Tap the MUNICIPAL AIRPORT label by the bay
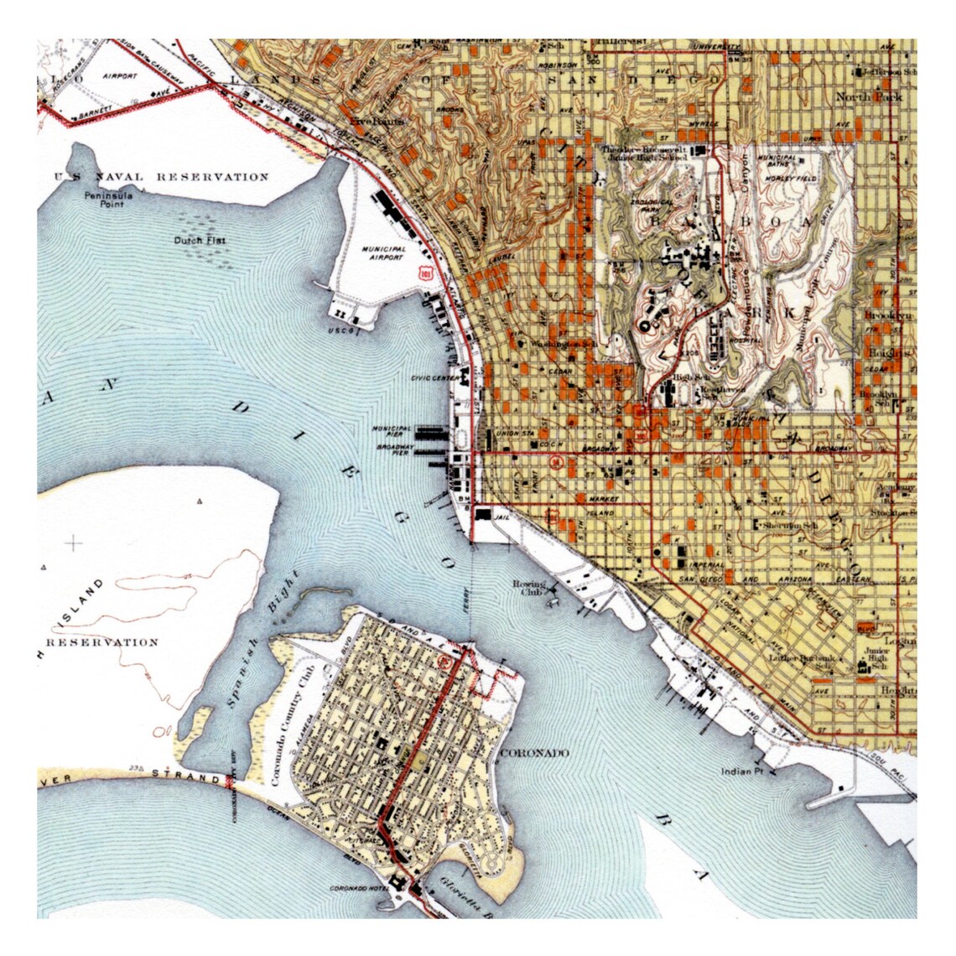[x=385, y=254]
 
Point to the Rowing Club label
[x=530, y=588]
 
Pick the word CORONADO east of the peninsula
[x=533, y=753]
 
